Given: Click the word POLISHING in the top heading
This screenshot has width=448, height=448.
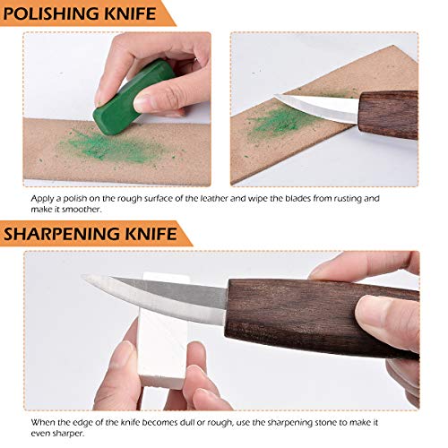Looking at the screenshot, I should point(56,13).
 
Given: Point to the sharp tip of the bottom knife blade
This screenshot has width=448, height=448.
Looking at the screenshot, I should point(84,280).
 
